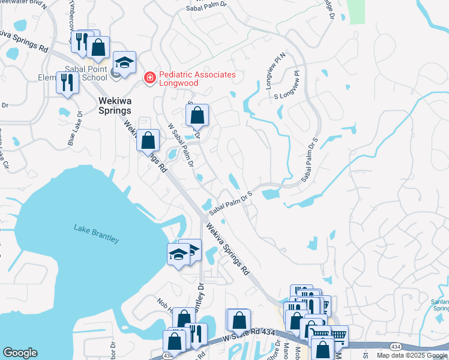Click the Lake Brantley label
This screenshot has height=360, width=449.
(x=96, y=233)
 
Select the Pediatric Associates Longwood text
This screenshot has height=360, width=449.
(x=197, y=79)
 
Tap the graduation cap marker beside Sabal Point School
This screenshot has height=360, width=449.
(x=124, y=62)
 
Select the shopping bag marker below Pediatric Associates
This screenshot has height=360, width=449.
(x=197, y=115)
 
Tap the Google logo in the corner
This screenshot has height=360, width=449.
(x=20, y=353)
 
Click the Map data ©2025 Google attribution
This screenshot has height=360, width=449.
(x=412, y=355)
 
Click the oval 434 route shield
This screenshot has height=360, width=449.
(x=396, y=347)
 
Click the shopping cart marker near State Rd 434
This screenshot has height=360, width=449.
(x=337, y=335)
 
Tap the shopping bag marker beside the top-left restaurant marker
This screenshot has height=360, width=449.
(x=98, y=47)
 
